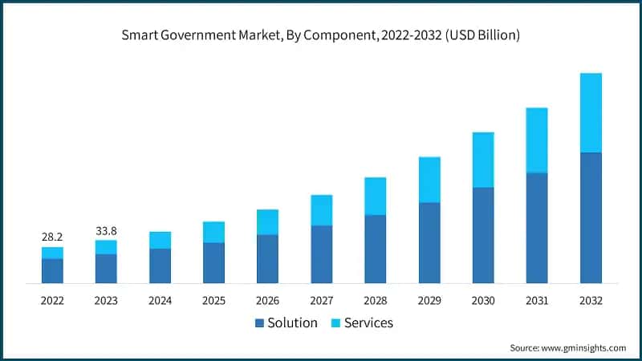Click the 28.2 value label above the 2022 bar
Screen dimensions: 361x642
(52, 237)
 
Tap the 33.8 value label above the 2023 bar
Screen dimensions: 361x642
(106, 230)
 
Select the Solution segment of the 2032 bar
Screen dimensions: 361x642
(591, 217)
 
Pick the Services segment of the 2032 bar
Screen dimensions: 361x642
(591, 112)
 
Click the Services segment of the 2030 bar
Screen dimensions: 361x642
(483, 160)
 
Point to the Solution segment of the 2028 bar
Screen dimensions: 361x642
(376, 249)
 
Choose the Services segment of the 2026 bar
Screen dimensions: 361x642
(267, 221)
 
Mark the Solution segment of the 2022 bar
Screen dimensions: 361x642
(52, 270)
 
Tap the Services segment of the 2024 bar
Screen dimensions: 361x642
(160, 240)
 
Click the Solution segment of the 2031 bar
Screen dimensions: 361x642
(537, 228)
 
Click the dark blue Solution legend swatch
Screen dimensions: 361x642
(259, 323)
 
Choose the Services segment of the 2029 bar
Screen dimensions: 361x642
(429, 180)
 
